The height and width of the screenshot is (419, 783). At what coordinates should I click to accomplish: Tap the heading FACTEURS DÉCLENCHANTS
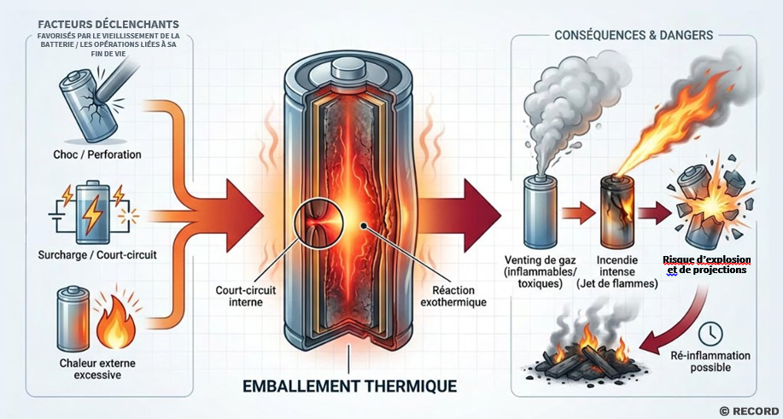point(108,25)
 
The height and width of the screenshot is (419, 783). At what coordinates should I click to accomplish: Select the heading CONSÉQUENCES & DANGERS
point(634,36)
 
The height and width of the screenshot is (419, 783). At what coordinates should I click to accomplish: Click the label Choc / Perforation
point(97,154)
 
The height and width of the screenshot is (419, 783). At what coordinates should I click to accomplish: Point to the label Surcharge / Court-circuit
point(97,255)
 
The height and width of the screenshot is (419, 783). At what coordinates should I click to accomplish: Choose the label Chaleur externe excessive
point(97,368)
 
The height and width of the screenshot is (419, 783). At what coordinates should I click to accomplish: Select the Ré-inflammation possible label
point(710,362)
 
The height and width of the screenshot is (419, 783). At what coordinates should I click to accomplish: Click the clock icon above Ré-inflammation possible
point(710,335)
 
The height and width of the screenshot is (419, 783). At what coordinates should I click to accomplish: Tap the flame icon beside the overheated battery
point(116,322)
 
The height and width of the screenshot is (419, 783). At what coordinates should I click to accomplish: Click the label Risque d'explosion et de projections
point(707,265)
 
